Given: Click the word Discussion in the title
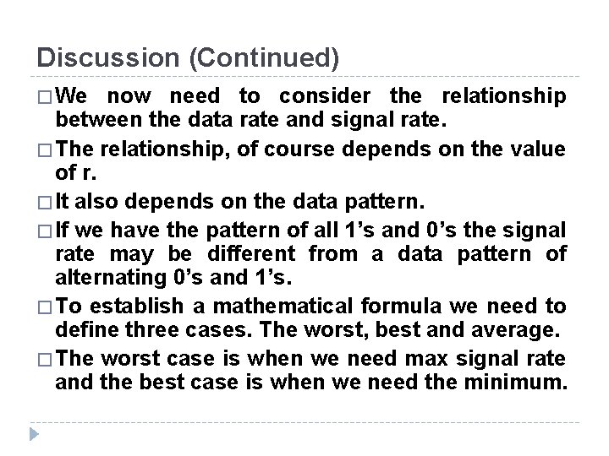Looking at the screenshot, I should [103, 58].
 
